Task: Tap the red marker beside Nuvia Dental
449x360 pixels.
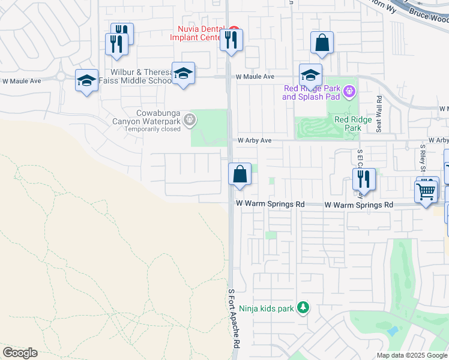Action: tap(234, 29)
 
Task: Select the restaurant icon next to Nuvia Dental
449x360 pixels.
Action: tap(230, 41)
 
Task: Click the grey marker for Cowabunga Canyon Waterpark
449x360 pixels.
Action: tap(190, 120)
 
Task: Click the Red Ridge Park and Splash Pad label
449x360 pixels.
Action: tap(311, 92)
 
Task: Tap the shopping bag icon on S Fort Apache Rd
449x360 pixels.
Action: tap(240, 175)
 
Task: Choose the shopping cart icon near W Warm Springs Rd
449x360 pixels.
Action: tap(426, 193)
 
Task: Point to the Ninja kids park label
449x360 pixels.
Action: tap(267, 309)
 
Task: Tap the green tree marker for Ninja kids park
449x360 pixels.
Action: tap(303, 308)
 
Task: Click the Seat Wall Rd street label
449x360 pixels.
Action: tap(379, 114)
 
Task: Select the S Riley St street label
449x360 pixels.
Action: tap(423, 157)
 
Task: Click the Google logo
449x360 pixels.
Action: tap(20, 353)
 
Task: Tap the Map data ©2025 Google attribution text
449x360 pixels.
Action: tap(412, 355)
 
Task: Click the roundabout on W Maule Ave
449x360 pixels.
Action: tap(61, 77)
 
